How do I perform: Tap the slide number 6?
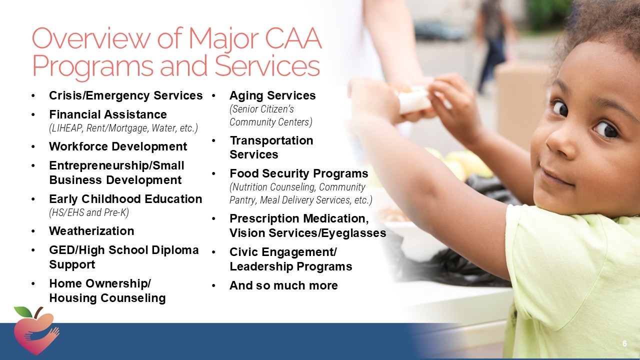(624, 343)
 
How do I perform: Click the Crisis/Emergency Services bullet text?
(125, 95)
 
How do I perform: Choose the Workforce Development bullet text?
(118, 146)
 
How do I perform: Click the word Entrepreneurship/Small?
(116, 165)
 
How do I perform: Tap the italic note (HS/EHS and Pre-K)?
(88, 212)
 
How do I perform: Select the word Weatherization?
(91, 231)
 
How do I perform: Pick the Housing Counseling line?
(107, 298)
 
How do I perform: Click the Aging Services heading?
(272, 95)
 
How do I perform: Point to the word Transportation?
(271, 140)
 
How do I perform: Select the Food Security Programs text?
(298, 173)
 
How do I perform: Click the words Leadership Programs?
(290, 266)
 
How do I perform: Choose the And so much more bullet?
(283, 285)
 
